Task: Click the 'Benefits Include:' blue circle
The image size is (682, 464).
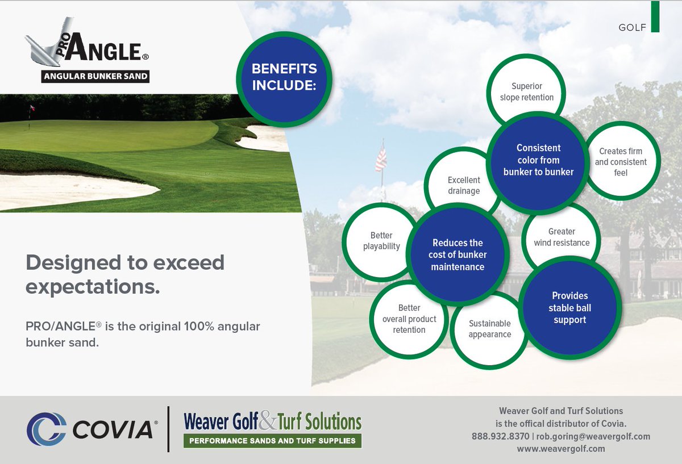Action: (284, 78)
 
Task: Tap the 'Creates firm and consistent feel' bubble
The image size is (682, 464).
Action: (621, 162)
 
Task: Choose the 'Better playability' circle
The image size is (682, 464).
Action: (381, 241)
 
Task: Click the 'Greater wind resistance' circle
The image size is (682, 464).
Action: (561, 237)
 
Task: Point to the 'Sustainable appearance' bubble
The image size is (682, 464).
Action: (489, 329)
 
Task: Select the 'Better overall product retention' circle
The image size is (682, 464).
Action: (409, 319)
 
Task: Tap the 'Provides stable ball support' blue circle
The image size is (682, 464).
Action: (569, 308)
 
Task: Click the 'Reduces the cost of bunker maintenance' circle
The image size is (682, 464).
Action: (458, 254)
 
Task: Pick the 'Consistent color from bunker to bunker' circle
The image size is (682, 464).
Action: (538, 160)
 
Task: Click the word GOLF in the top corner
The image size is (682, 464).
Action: (632, 27)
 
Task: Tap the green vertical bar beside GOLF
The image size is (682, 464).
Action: (655, 16)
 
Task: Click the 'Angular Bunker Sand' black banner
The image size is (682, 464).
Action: (95, 76)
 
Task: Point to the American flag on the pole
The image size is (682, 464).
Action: (381, 159)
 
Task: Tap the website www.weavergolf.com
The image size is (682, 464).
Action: (561, 449)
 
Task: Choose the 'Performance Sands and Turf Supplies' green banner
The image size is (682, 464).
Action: (272, 441)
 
